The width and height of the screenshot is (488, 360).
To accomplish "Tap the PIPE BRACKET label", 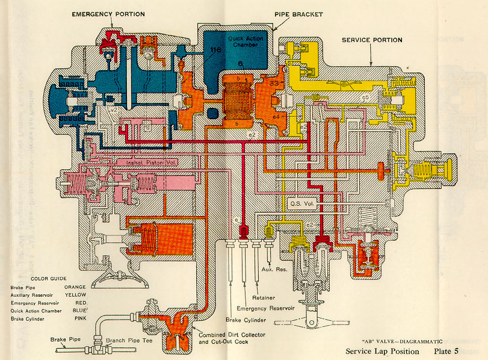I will (x=298, y=13).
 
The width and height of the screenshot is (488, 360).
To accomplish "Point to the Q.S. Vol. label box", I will (x=300, y=203).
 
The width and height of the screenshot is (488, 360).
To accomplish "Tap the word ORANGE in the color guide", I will (x=75, y=287).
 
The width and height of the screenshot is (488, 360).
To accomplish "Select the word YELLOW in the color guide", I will (x=75, y=296).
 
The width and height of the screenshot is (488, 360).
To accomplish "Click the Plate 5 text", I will (x=448, y=351).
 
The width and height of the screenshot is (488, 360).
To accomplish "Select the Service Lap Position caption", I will (x=381, y=351).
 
